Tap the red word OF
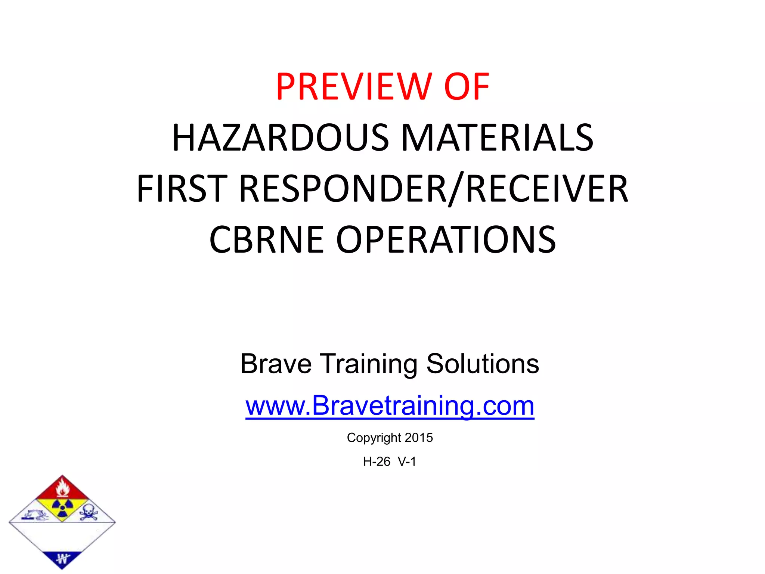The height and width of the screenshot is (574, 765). (x=467, y=87)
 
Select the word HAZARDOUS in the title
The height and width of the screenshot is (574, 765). (x=281, y=138)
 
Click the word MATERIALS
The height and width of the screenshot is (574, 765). (x=497, y=138)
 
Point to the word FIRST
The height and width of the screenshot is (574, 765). (x=182, y=189)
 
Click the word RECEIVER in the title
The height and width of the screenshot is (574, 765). (x=547, y=189)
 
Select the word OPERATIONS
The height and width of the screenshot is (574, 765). (x=446, y=240)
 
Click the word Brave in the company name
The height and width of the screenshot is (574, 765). (x=276, y=364)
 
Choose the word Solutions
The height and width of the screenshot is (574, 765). (x=483, y=364)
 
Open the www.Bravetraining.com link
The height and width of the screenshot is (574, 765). (x=390, y=406)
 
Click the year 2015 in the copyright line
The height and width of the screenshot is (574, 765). (x=419, y=438)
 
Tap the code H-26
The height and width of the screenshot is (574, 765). (x=377, y=462)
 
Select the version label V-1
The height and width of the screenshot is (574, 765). (x=407, y=462)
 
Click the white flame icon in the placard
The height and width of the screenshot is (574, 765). (x=62, y=488)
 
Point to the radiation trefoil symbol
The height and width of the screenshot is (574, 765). (x=62, y=507)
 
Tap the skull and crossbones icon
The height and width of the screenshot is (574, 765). (x=88, y=512)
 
